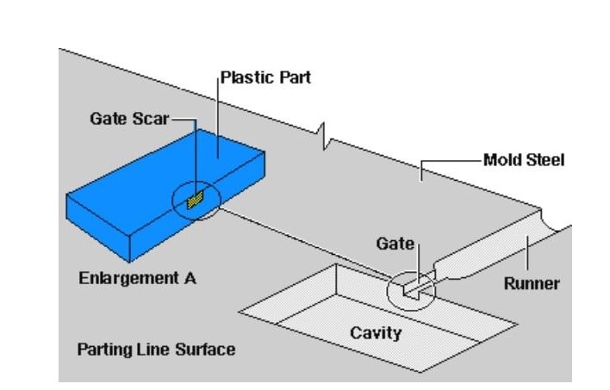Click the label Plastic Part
265,77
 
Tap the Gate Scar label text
129,118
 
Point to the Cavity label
376,331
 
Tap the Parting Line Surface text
156,350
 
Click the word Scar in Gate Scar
152,118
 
